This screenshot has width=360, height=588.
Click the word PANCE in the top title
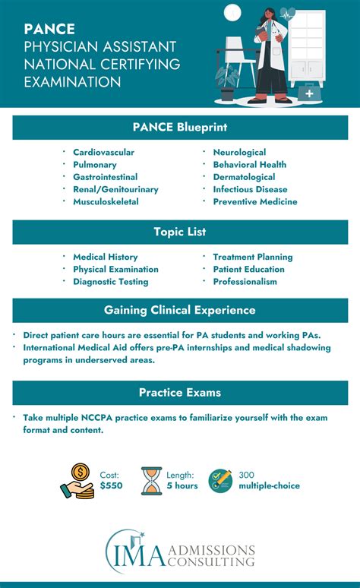click(x=49, y=30)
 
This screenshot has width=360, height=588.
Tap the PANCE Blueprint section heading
click(x=180, y=127)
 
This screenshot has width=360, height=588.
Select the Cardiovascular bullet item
click(x=103, y=152)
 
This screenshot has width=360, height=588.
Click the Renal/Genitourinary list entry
click(x=115, y=189)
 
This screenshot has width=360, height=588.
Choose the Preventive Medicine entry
click(x=254, y=201)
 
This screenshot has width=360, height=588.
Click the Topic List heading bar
click(x=180, y=232)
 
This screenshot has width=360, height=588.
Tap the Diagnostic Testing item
click(x=110, y=281)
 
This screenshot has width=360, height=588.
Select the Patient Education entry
click(x=248, y=269)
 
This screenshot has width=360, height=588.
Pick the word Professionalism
click(x=245, y=281)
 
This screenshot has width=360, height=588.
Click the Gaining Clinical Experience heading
click(x=180, y=310)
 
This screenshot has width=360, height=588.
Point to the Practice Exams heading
click(x=180, y=393)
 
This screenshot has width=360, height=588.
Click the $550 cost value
click(x=110, y=486)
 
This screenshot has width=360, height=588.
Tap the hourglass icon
click(x=152, y=481)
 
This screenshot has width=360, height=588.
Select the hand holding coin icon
click(x=77, y=481)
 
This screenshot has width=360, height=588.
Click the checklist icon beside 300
click(x=220, y=481)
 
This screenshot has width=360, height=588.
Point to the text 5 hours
click(x=181, y=486)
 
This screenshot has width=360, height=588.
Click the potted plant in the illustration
click(x=227, y=80)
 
